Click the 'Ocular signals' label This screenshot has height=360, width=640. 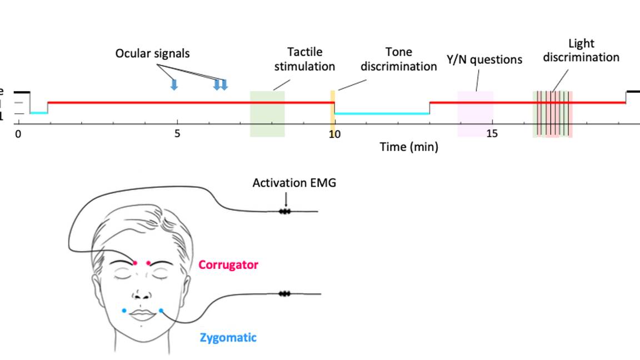click(x=152, y=53)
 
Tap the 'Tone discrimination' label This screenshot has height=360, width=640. click(x=398, y=59)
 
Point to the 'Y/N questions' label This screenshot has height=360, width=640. click(x=484, y=59)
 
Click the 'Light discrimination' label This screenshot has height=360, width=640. click(x=581, y=50)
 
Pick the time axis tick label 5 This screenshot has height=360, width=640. click(x=177, y=134)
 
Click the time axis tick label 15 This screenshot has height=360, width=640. click(x=492, y=134)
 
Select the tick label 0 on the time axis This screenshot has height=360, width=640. click(x=18, y=134)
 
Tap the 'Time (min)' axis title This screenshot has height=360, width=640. click(x=409, y=147)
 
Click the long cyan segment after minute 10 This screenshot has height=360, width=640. click(x=382, y=114)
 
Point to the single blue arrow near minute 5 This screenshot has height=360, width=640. click(x=174, y=84)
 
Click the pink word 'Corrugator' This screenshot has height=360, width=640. click(x=228, y=265)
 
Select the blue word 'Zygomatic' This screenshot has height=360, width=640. click(x=228, y=337)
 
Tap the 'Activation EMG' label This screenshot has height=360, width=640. click(x=294, y=183)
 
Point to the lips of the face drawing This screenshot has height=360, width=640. click(x=142, y=315)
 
